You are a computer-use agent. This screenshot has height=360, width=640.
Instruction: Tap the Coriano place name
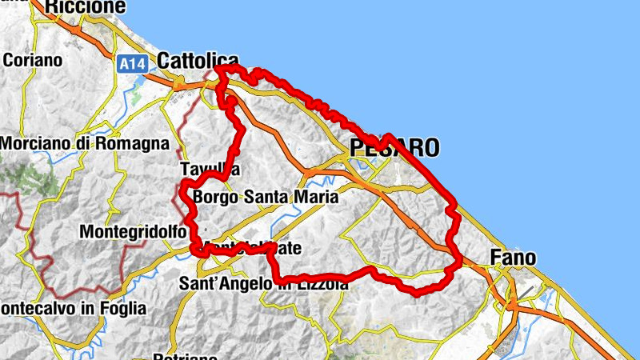tap(33, 60)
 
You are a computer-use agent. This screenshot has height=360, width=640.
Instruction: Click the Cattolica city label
tap(198, 61)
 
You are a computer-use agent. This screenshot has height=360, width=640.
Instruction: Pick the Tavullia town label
tap(210, 170)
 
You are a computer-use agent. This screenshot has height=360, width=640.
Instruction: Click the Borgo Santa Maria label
tap(266, 196)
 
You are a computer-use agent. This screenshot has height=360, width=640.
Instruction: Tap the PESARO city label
tap(394, 148)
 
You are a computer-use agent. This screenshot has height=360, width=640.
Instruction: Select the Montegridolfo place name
tap(134, 232)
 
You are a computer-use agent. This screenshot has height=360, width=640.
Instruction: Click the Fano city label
tap(513, 258)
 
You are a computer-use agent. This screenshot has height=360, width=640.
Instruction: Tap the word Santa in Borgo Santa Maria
tap(266, 196)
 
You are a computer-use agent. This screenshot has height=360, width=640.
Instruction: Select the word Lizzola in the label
tap(322, 284)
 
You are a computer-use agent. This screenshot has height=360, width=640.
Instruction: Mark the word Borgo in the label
tap(214, 196)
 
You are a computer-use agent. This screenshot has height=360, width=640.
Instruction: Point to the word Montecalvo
tap(40, 308)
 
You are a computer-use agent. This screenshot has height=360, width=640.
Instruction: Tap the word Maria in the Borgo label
tap(316, 196)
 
